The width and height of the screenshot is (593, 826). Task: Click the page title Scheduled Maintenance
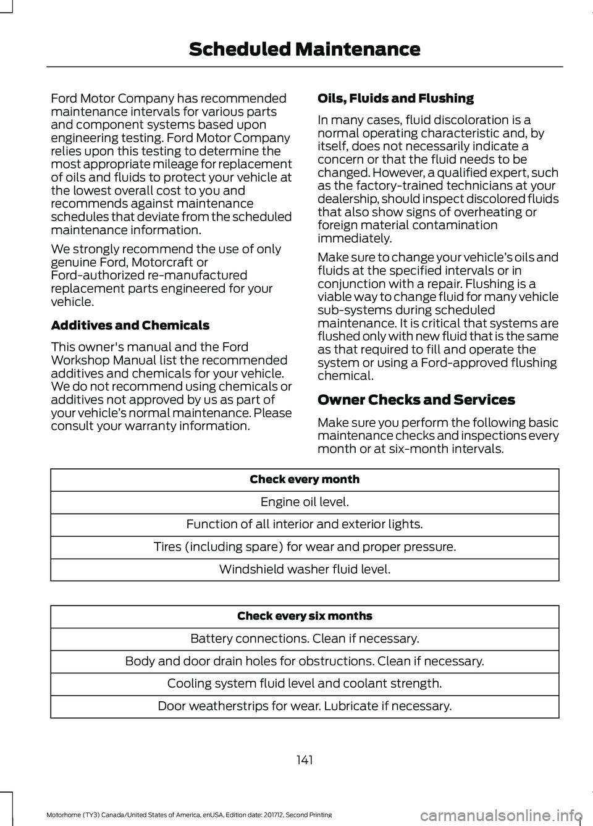tap(305, 49)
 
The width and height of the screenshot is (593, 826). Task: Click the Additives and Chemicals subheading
tap(130, 325)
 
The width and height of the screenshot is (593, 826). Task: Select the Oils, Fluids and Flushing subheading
tap(395, 98)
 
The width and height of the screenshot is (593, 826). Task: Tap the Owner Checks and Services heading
tap(416, 400)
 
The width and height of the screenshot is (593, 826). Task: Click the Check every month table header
tap(305, 479)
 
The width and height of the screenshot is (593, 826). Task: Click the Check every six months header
tap(305, 616)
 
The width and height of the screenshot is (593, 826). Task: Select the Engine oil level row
tap(305, 502)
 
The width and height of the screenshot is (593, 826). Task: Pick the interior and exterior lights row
tap(305, 524)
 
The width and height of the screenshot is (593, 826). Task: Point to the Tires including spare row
tap(305, 547)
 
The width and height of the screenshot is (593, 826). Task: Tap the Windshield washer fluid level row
tap(305, 569)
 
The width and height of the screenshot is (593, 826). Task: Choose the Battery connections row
tap(305, 638)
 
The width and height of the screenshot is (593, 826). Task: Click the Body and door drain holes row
tap(305, 661)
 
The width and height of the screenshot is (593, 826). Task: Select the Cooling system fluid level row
tap(305, 683)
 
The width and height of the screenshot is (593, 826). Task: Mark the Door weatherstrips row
tap(305, 706)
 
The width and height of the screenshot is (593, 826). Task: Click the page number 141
tap(305, 760)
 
